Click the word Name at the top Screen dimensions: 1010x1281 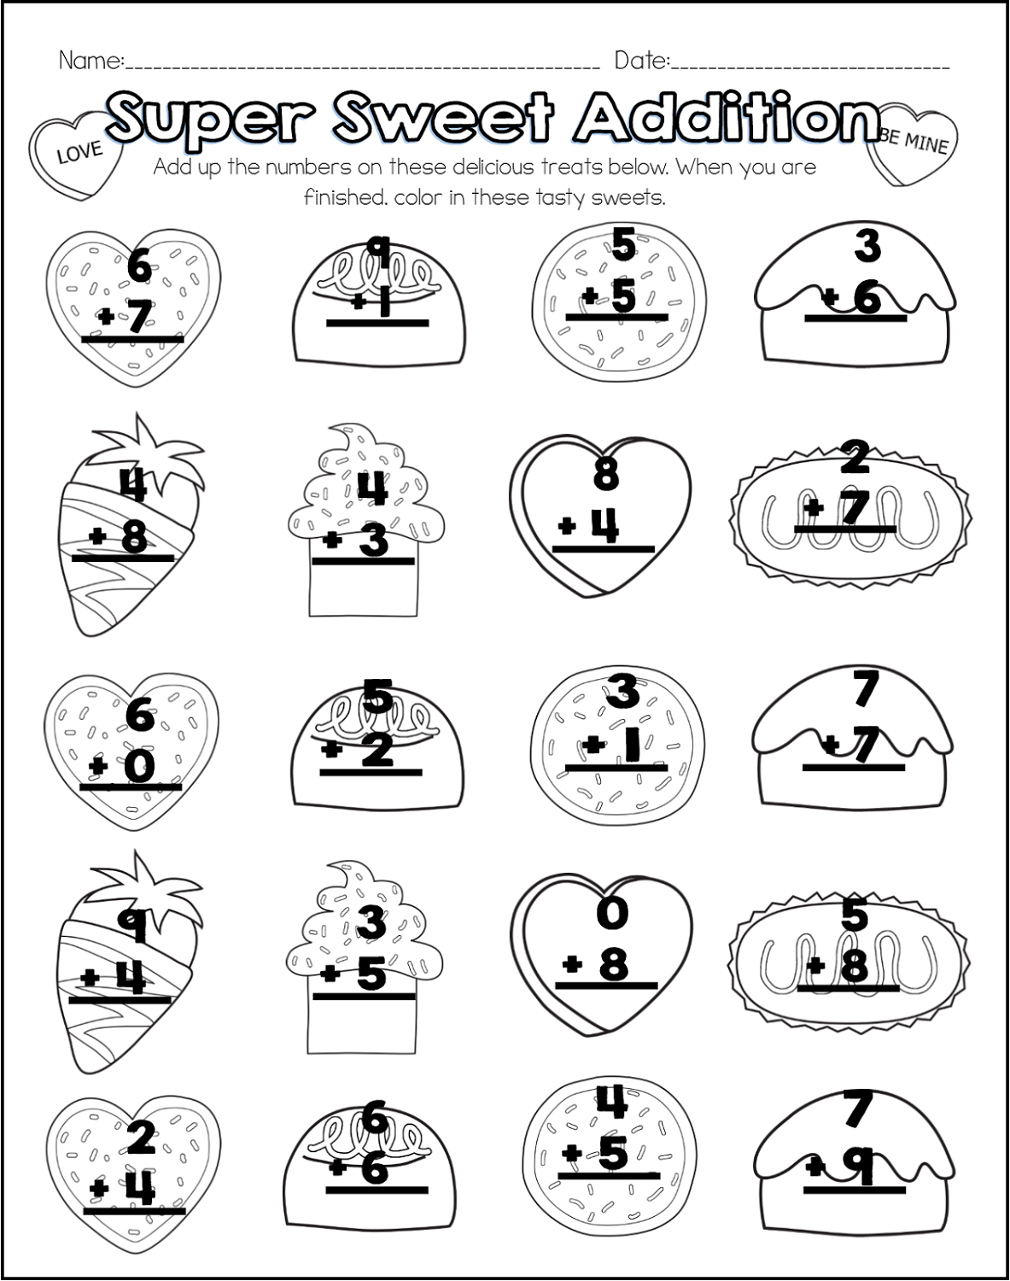pyautogui.click(x=90, y=60)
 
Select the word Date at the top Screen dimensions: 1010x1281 pyautogui.click(x=641, y=60)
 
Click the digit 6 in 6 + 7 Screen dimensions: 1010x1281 pyautogui.click(x=140, y=266)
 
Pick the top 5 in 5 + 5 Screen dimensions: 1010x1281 pyautogui.click(x=624, y=243)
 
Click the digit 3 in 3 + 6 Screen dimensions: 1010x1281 pyautogui.click(x=867, y=245)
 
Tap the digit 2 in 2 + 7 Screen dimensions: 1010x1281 pyautogui.click(x=855, y=457)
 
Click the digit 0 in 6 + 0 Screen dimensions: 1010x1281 pyautogui.click(x=140, y=766)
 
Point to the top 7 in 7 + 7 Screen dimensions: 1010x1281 pyautogui.click(x=866, y=688)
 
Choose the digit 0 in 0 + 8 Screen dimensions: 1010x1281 pyautogui.click(x=613, y=913)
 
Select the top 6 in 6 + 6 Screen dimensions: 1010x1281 pyautogui.click(x=375, y=1119)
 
